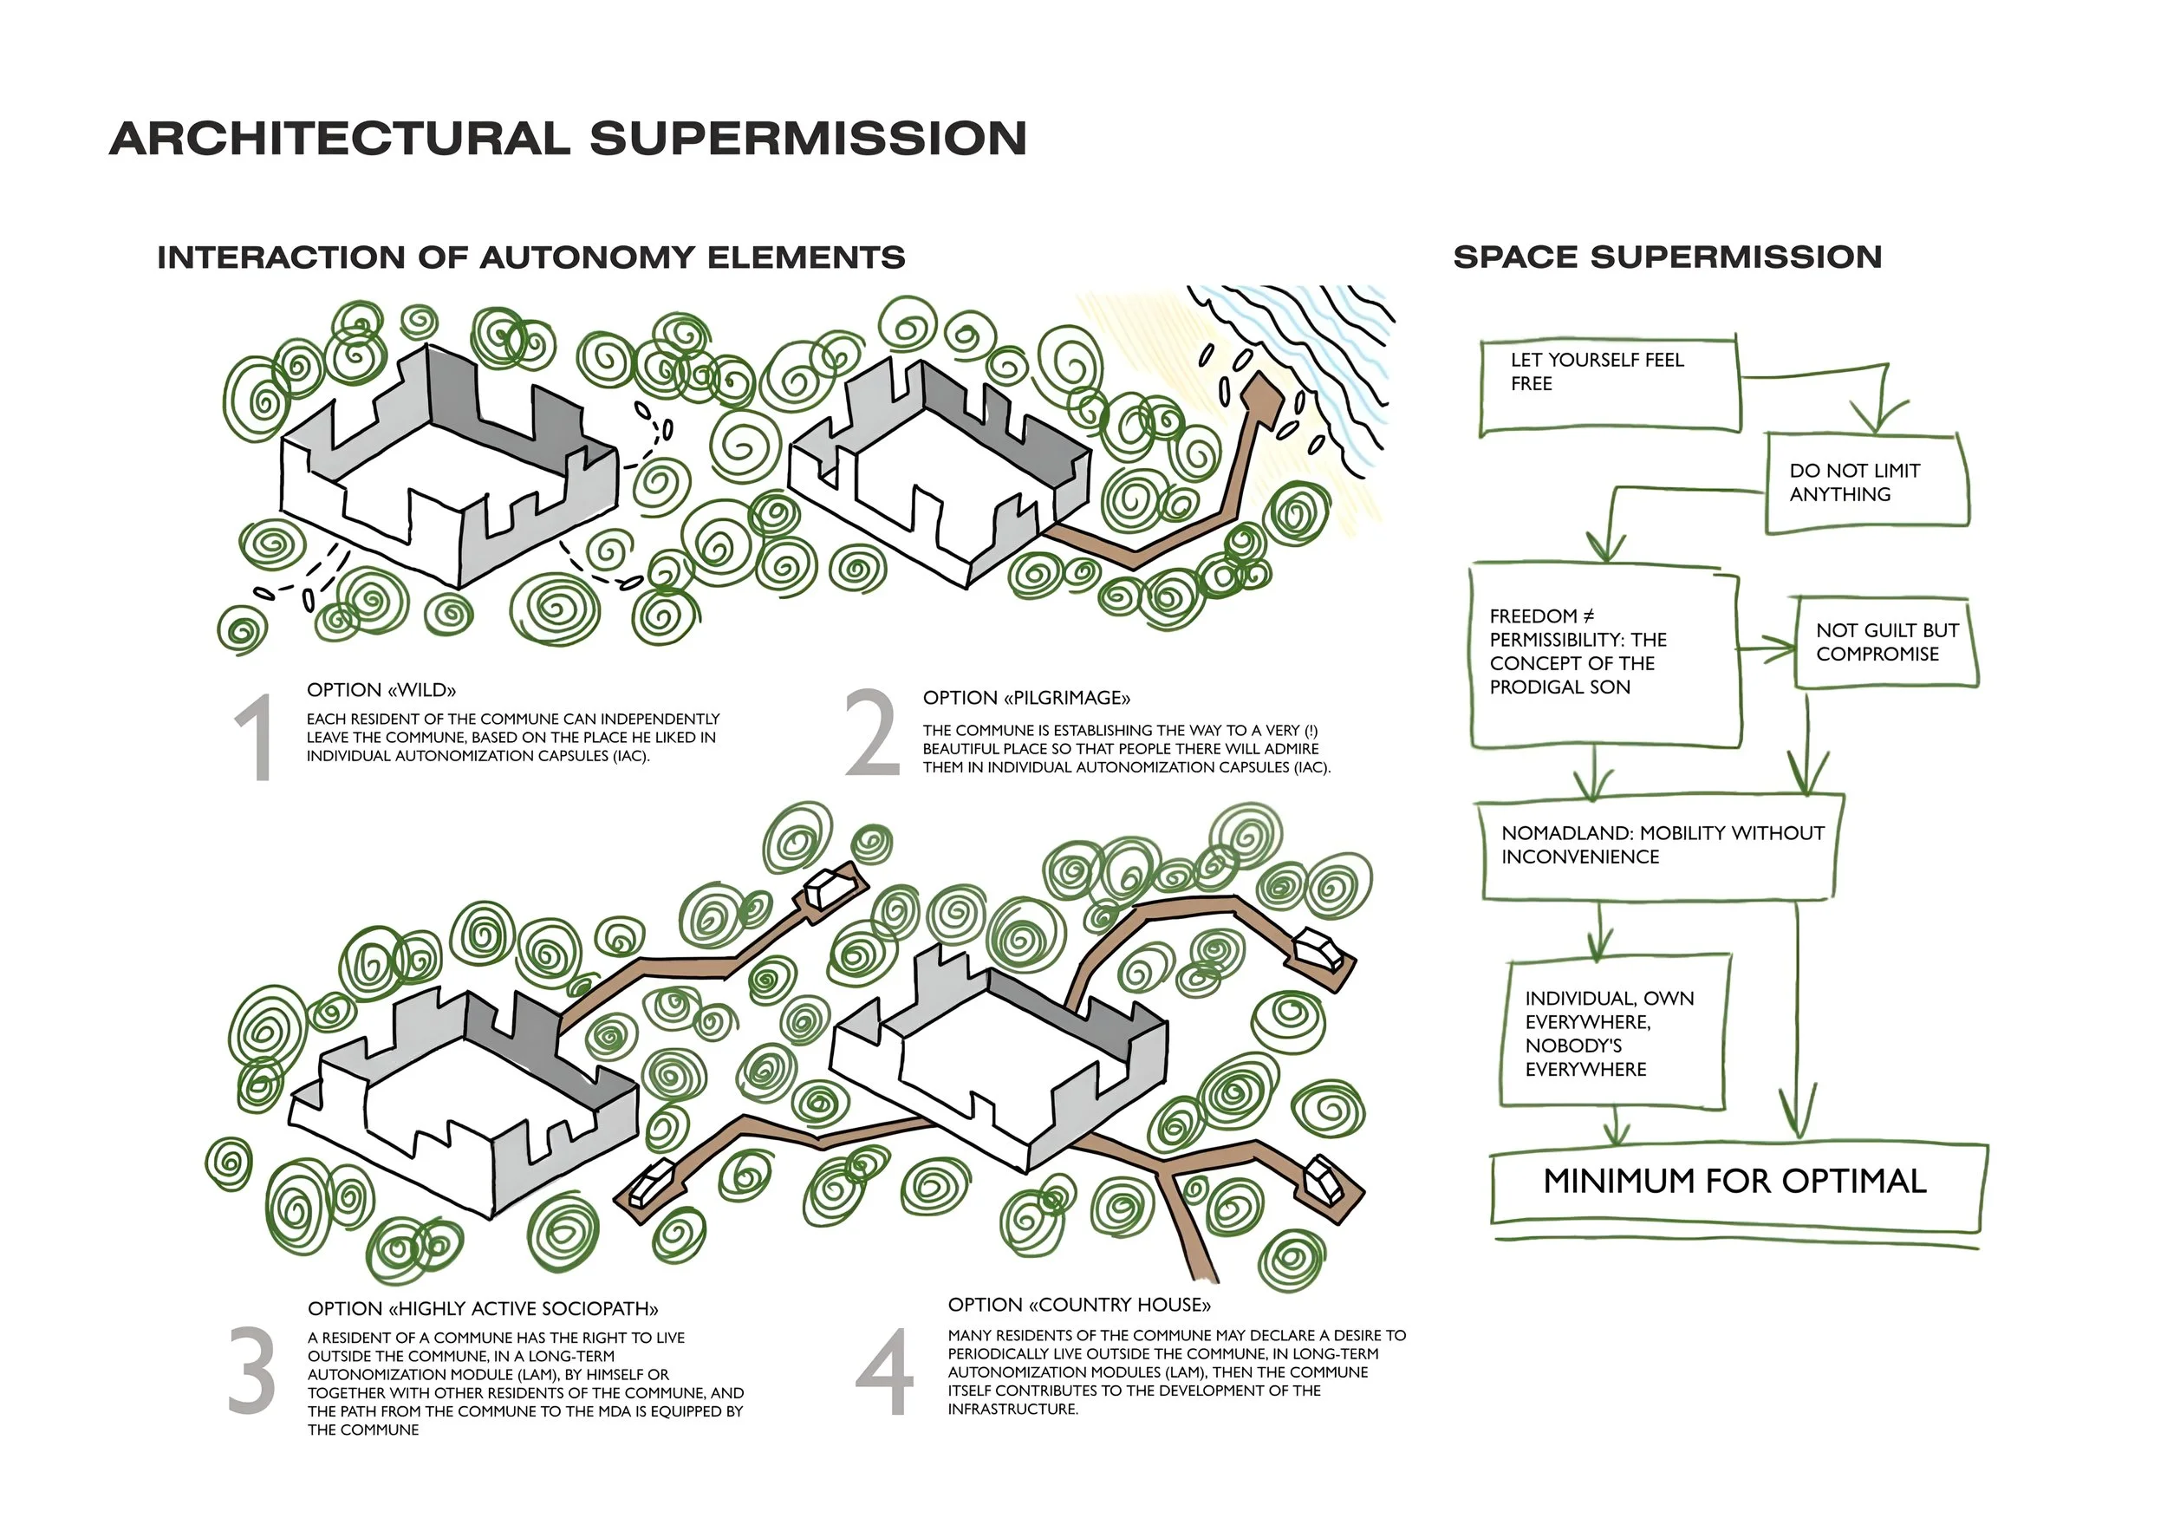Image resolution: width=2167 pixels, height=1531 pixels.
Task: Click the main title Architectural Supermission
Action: tap(567, 139)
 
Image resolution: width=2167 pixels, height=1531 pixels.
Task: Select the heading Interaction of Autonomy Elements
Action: tap(530, 257)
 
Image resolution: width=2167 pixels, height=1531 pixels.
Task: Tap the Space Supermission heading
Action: tap(1667, 257)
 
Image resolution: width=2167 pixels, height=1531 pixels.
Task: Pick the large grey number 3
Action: tap(252, 1371)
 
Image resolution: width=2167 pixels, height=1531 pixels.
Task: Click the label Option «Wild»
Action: tap(381, 690)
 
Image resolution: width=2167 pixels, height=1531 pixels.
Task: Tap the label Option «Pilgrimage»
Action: tap(1026, 699)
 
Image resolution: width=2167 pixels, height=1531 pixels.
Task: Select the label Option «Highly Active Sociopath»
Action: tap(482, 1309)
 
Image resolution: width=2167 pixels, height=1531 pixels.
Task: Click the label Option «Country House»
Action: tap(1079, 1306)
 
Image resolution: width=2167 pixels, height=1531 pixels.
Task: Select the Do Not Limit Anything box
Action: tap(1866, 482)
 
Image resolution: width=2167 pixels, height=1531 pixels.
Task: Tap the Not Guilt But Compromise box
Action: tap(1886, 642)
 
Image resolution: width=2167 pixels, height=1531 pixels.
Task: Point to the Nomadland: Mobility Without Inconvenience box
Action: tap(1659, 846)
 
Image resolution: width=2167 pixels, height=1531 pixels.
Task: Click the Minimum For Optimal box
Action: tap(1734, 1182)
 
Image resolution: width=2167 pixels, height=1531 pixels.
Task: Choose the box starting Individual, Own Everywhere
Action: tap(1612, 1033)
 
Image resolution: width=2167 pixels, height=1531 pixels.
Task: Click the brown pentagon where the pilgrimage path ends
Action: tap(1262, 397)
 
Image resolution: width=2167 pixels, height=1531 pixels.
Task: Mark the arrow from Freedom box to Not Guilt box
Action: tap(1767, 648)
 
